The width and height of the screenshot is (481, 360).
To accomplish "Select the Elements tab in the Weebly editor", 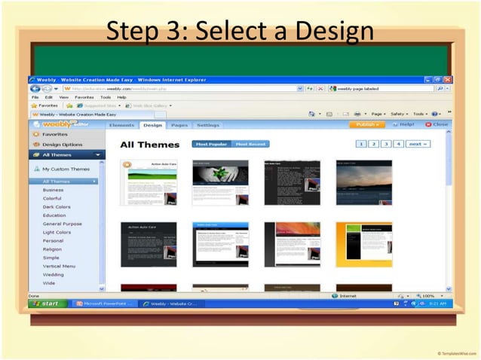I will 121,125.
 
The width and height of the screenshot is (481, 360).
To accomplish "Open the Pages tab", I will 179,125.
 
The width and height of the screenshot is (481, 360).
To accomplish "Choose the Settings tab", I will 207,125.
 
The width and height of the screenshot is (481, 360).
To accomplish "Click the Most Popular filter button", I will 210,144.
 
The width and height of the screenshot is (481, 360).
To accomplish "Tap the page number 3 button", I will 385,143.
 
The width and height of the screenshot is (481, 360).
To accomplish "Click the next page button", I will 417,143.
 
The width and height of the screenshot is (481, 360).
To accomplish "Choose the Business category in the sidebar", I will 54,190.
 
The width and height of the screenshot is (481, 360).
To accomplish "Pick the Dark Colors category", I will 57,206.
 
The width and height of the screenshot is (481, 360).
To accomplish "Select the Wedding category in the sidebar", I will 54,274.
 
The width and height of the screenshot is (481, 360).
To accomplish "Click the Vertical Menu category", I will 59,266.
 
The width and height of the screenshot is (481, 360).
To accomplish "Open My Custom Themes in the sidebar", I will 66,169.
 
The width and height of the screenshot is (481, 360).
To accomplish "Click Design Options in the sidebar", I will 62,144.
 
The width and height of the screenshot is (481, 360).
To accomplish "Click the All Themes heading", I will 150,145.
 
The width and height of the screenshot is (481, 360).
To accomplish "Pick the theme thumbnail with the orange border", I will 363,244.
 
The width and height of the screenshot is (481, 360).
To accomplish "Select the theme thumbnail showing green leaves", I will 220,182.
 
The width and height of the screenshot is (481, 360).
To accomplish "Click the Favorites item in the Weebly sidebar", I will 54,133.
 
